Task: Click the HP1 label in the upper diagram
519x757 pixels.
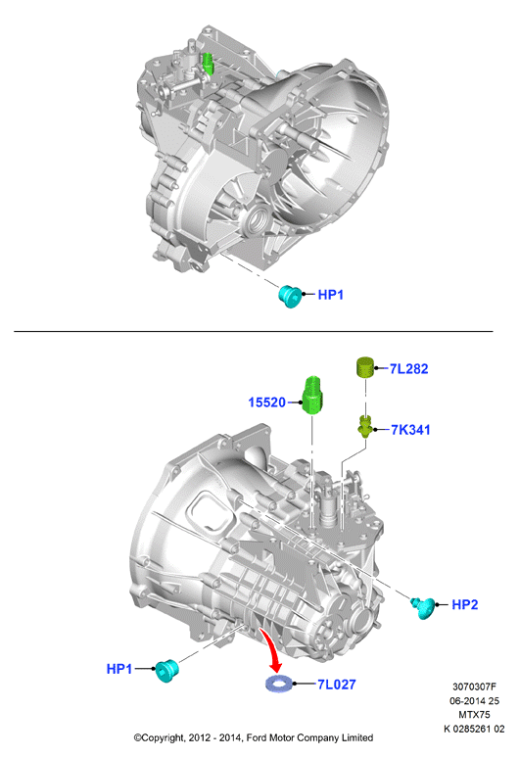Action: point(330,295)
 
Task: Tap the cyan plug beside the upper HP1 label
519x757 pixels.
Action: point(291,296)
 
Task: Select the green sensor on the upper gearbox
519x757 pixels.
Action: point(208,64)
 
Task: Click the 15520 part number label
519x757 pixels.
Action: point(266,402)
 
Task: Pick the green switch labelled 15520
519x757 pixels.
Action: point(312,395)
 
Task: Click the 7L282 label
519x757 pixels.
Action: point(408,369)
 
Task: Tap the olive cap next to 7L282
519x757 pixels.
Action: point(366,367)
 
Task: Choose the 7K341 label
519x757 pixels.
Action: point(410,430)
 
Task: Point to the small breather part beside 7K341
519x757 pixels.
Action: point(365,425)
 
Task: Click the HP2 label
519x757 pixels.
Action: point(464,604)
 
